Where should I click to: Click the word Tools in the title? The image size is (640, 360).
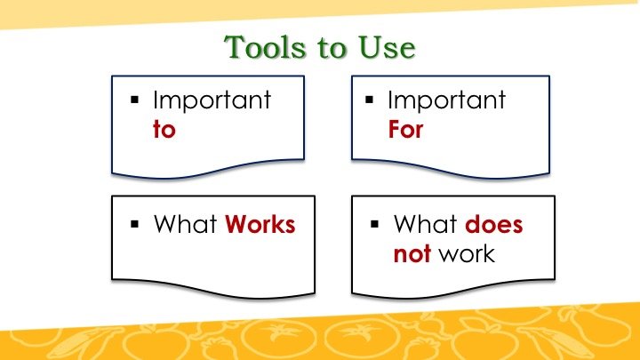[x=265, y=47]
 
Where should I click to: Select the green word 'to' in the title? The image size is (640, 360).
[x=332, y=48]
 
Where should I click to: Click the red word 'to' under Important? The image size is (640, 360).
[x=164, y=130]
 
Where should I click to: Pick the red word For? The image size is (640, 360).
[x=405, y=130]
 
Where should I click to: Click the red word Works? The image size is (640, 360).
[x=260, y=225]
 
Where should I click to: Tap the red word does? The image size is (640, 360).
[x=493, y=225]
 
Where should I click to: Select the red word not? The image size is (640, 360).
[x=412, y=254]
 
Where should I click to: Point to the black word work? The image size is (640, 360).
[x=467, y=254]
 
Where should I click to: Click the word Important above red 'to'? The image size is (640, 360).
[x=212, y=100]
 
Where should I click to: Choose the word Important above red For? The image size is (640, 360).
[x=446, y=100]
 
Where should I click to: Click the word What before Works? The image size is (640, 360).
[x=185, y=225]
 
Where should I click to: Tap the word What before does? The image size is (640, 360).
[x=425, y=225]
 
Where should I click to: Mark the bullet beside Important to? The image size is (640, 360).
[x=135, y=100]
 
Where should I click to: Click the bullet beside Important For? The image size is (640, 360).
[x=370, y=100]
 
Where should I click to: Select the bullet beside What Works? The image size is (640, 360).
[x=135, y=224]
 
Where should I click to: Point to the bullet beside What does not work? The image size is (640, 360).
[x=375, y=224]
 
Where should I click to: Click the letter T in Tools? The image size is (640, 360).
[x=236, y=47]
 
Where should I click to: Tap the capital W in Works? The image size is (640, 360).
[x=237, y=225]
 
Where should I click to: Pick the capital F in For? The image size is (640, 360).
[x=395, y=130]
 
